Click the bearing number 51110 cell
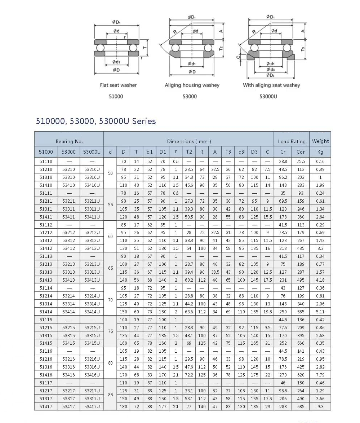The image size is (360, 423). click(x=46, y=162)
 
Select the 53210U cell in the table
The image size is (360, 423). click(x=92, y=169)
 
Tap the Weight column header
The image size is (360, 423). click(x=320, y=141)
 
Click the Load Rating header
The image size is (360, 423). click(x=292, y=141)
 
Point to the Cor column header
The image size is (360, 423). click(x=301, y=152)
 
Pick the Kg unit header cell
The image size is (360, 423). click(x=320, y=152)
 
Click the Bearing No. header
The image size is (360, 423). click(x=69, y=141)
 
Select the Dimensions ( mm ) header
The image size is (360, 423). click(x=189, y=141)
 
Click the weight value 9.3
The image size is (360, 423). click(x=320, y=407)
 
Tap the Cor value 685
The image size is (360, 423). click(x=301, y=407)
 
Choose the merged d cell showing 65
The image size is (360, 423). click(x=110, y=268)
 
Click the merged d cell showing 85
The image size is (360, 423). click(x=110, y=395)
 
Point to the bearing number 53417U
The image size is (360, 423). click(x=92, y=407)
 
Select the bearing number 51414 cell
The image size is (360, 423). click(x=46, y=312)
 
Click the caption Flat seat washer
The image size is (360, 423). click(x=118, y=85)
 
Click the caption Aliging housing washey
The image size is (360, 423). click(x=192, y=85)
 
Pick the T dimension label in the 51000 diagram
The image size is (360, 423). click(x=145, y=48)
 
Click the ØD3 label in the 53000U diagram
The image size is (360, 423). click(x=270, y=75)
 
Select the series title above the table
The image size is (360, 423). click(x=96, y=121)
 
